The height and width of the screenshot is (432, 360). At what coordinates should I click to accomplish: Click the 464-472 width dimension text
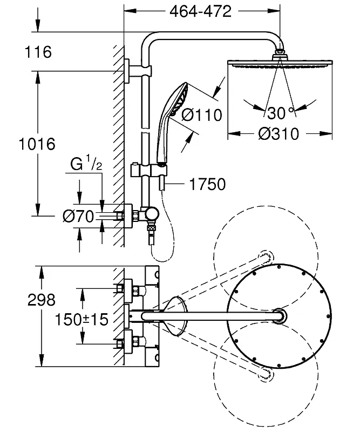pos(201,11)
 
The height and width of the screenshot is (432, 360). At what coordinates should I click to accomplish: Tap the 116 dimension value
pos(38,52)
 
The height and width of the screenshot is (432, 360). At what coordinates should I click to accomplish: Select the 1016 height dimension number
pos(37,144)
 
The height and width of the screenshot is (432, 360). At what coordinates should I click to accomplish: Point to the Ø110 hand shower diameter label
pos(202,115)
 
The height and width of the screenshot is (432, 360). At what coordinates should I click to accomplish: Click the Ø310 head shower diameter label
pos(279,134)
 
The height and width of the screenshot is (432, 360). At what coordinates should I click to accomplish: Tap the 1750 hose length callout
pos(207,184)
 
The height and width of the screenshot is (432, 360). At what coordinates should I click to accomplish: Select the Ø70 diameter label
pos(78,217)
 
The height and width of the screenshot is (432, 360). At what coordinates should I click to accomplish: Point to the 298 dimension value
pos(42,300)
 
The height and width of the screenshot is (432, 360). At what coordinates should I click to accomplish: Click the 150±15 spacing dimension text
pos(81,320)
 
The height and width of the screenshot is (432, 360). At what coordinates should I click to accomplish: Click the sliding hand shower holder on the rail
pos(149,171)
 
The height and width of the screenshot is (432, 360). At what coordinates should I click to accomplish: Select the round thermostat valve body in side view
pos(152,214)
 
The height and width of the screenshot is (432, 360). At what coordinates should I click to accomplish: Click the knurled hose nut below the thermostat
pos(151,228)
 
